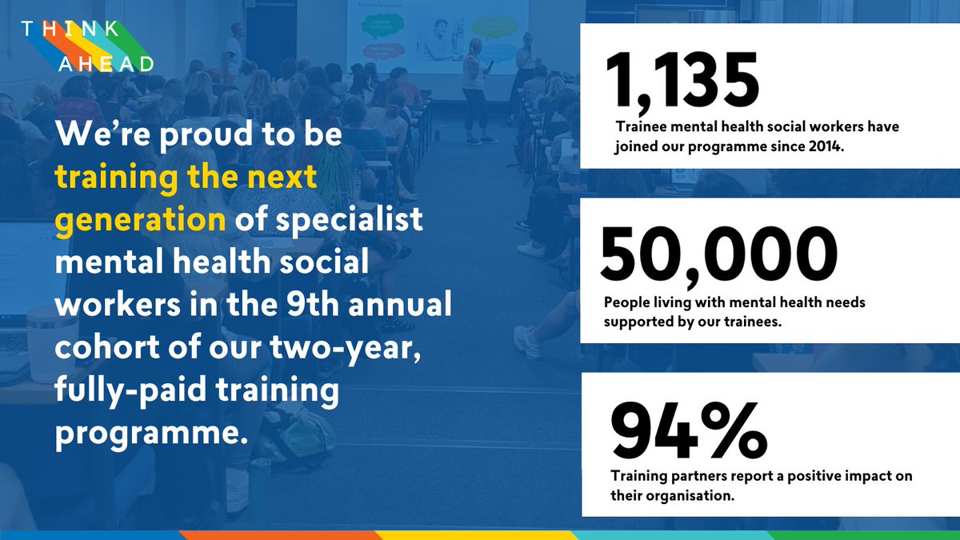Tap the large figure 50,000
click(x=718, y=254)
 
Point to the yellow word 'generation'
click(x=141, y=218)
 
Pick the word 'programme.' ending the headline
click(x=148, y=434)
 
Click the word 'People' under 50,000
click(x=626, y=303)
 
